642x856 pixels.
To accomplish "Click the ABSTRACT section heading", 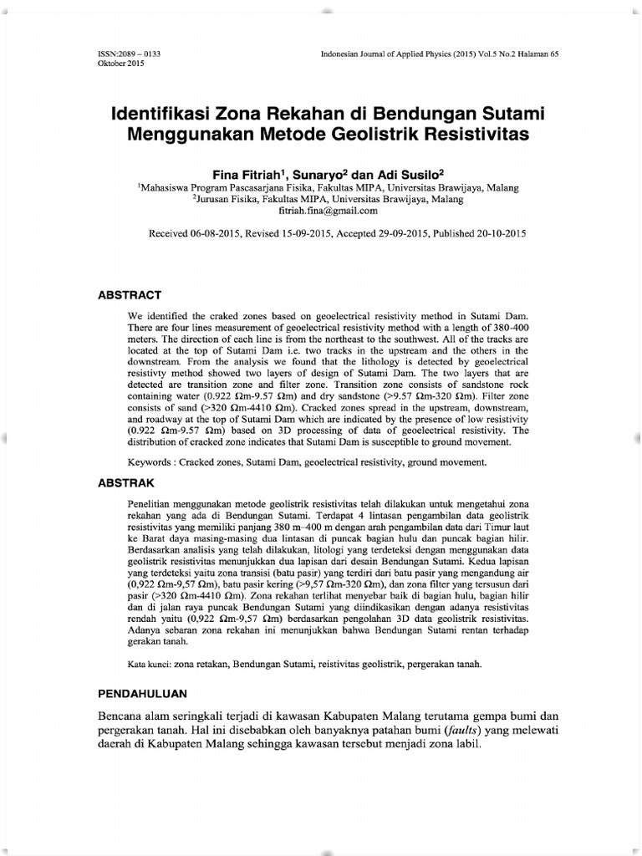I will [130, 295].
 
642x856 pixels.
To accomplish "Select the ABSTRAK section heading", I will [128, 482].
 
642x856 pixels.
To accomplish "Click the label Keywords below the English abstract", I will [150, 461].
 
